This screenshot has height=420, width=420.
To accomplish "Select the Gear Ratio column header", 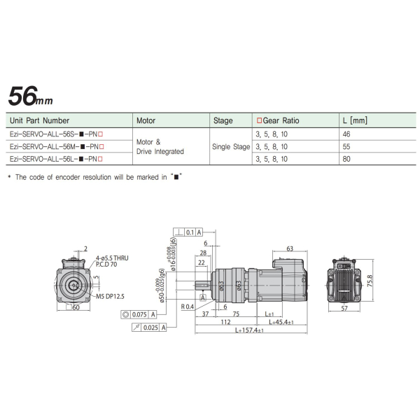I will (x=278, y=120).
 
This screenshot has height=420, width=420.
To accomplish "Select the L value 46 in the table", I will (x=346, y=133).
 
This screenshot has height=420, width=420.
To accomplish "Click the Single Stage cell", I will (x=231, y=147).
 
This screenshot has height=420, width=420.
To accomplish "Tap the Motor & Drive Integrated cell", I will (x=160, y=146).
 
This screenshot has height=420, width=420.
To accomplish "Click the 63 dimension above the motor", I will (x=288, y=248).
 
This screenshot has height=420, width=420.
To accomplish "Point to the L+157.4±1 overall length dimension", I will (x=250, y=330).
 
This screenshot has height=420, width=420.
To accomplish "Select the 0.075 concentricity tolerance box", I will (x=143, y=315).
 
